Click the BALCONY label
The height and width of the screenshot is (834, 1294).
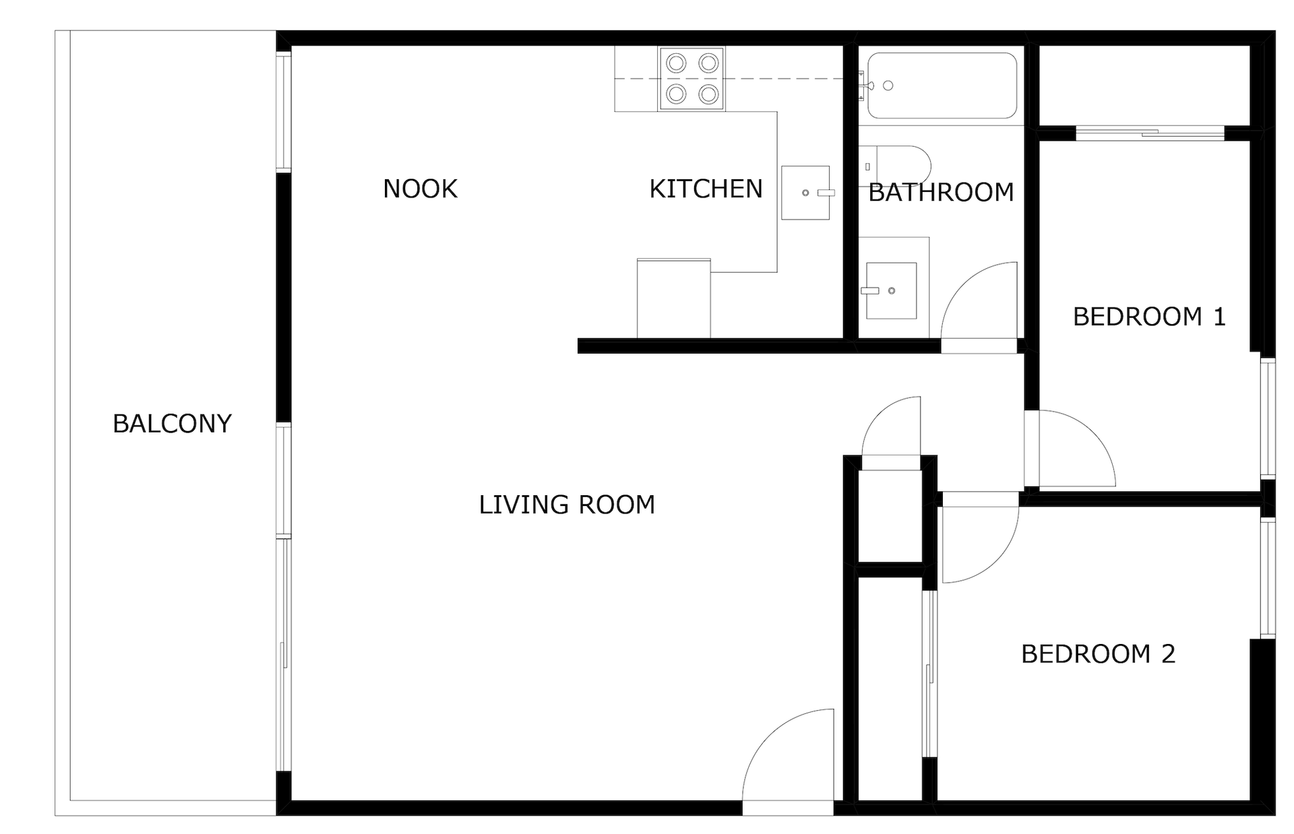(x=172, y=424)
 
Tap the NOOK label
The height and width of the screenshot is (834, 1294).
(x=420, y=189)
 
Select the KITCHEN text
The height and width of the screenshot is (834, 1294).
(x=706, y=189)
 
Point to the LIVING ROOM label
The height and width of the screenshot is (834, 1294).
(x=567, y=505)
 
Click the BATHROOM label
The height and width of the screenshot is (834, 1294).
(x=941, y=193)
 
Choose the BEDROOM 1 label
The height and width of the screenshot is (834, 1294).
(x=1149, y=317)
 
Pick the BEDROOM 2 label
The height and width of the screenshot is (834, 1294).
(x=1098, y=654)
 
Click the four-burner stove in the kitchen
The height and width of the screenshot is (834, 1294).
(x=691, y=79)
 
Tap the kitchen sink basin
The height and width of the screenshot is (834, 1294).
(x=805, y=193)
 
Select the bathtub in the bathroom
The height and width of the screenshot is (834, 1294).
(x=942, y=86)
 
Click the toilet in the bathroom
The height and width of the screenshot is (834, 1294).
(x=895, y=166)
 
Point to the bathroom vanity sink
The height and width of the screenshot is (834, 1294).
(x=891, y=290)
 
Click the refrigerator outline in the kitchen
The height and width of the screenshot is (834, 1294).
(x=673, y=298)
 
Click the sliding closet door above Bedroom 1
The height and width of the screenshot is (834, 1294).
(x=1150, y=133)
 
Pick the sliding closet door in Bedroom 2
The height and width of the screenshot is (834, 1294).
(x=929, y=674)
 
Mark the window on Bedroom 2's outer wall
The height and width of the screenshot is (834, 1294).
(x=1268, y=578)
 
